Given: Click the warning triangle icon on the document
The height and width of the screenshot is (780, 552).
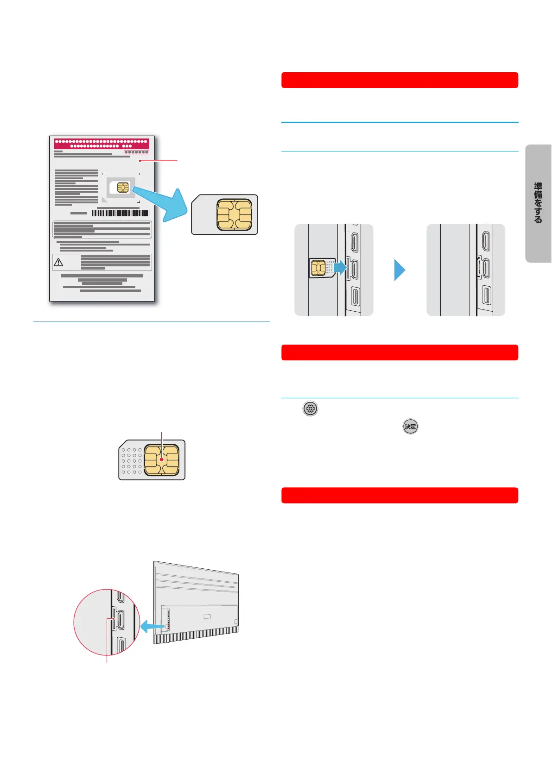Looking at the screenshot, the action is pos(58,262).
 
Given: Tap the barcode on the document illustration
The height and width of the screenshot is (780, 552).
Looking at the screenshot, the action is pos(121,213).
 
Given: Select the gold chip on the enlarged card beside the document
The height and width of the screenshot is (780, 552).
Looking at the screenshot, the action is pos(234,214).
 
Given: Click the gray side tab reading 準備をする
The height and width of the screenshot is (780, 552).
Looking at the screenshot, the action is pos(538,203).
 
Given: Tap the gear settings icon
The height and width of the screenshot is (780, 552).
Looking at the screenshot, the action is pos(311,409).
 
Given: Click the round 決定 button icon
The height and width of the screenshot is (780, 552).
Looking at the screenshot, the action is pos(410,426).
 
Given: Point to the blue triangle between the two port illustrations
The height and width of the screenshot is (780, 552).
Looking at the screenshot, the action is pos(400,270).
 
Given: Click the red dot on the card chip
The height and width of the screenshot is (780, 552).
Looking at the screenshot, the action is pos(162,460).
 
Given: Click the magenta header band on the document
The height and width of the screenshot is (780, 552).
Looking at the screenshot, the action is pos(102,143).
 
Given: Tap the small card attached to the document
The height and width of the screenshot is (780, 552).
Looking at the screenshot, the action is pos(120,187).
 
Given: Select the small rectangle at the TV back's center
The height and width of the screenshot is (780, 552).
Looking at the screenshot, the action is pos(207,616).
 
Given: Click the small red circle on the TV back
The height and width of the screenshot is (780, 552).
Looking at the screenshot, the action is pos(168,626).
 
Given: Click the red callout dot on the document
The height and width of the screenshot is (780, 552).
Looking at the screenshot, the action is pos(140,161).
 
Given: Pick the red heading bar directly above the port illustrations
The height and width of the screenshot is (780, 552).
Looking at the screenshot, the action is pos(400,80).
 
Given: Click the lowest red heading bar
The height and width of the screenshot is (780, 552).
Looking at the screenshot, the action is pos(400,495).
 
